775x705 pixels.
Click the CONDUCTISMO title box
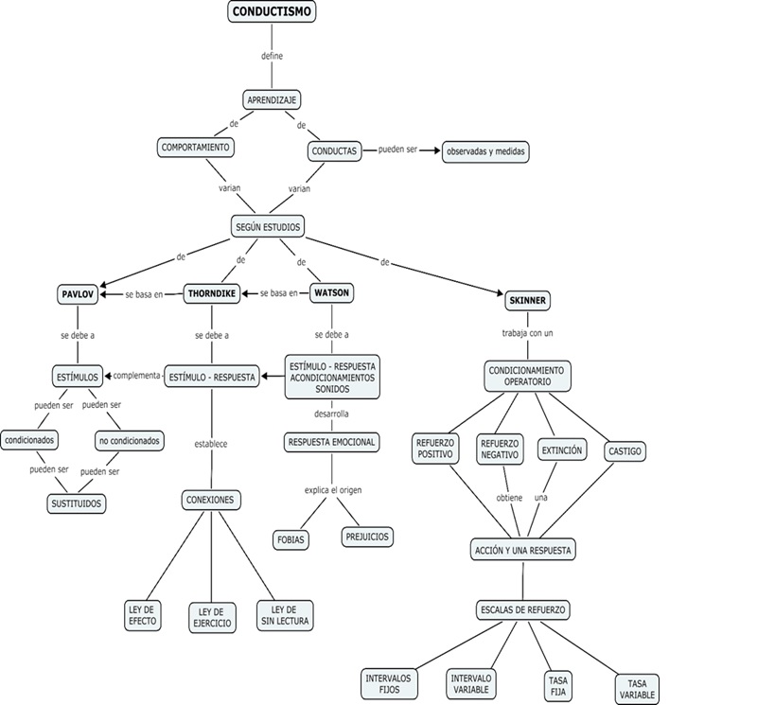point(272,12)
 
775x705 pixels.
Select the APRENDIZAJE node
point(273,99)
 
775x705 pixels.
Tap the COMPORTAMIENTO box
point(196,148)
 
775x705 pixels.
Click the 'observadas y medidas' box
point(485,151)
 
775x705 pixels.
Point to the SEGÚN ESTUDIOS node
point(268,226)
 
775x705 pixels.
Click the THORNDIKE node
point(210,293)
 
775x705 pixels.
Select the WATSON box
point(331,293)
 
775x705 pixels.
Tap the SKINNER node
point(528,300)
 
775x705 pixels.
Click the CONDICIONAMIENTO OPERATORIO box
point(528,375)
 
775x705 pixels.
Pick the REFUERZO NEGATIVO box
point(500,449)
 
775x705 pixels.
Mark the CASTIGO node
point(625,451)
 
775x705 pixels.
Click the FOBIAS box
point(290,539)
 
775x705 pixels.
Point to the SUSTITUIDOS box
point(76,503)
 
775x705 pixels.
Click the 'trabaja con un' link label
point(528,334)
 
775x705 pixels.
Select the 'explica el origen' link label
point(333,489)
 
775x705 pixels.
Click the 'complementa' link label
point(137,376)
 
